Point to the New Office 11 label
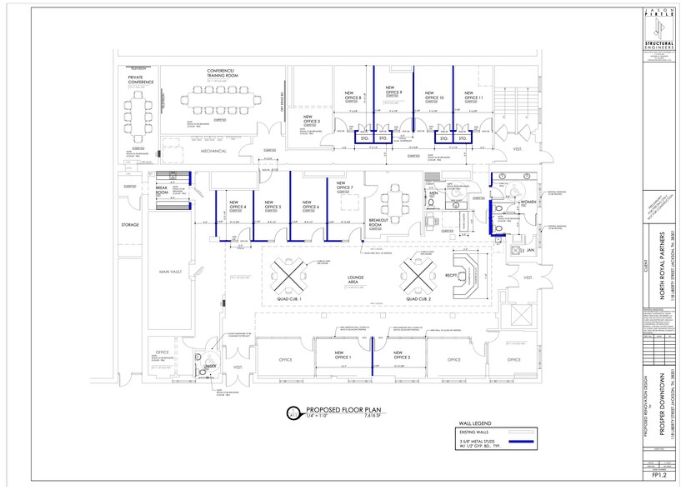click(x=474, y=97)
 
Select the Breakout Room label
click(x=381, y=222)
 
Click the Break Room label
click(x=162, y=190)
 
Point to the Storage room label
click(x=129, y=224)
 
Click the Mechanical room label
click(x=214, y=152)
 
